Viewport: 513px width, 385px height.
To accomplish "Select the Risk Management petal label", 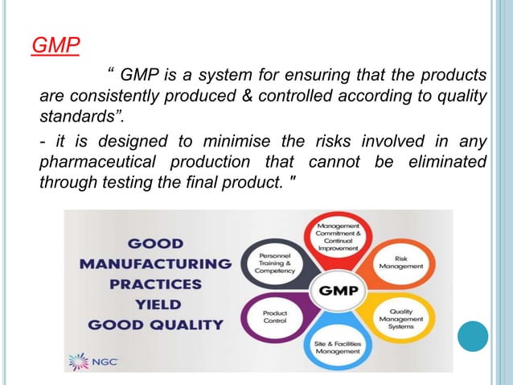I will click(406, 255).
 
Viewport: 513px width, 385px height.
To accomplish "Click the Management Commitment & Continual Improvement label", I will click(339, 233).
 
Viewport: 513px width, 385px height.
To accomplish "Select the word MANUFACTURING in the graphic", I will click(155, 263).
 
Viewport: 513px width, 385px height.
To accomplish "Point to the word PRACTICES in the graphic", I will click(155, 284).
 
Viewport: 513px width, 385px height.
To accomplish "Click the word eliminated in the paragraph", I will click(445, 164).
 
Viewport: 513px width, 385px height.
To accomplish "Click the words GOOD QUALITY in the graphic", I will click(155, 325).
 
